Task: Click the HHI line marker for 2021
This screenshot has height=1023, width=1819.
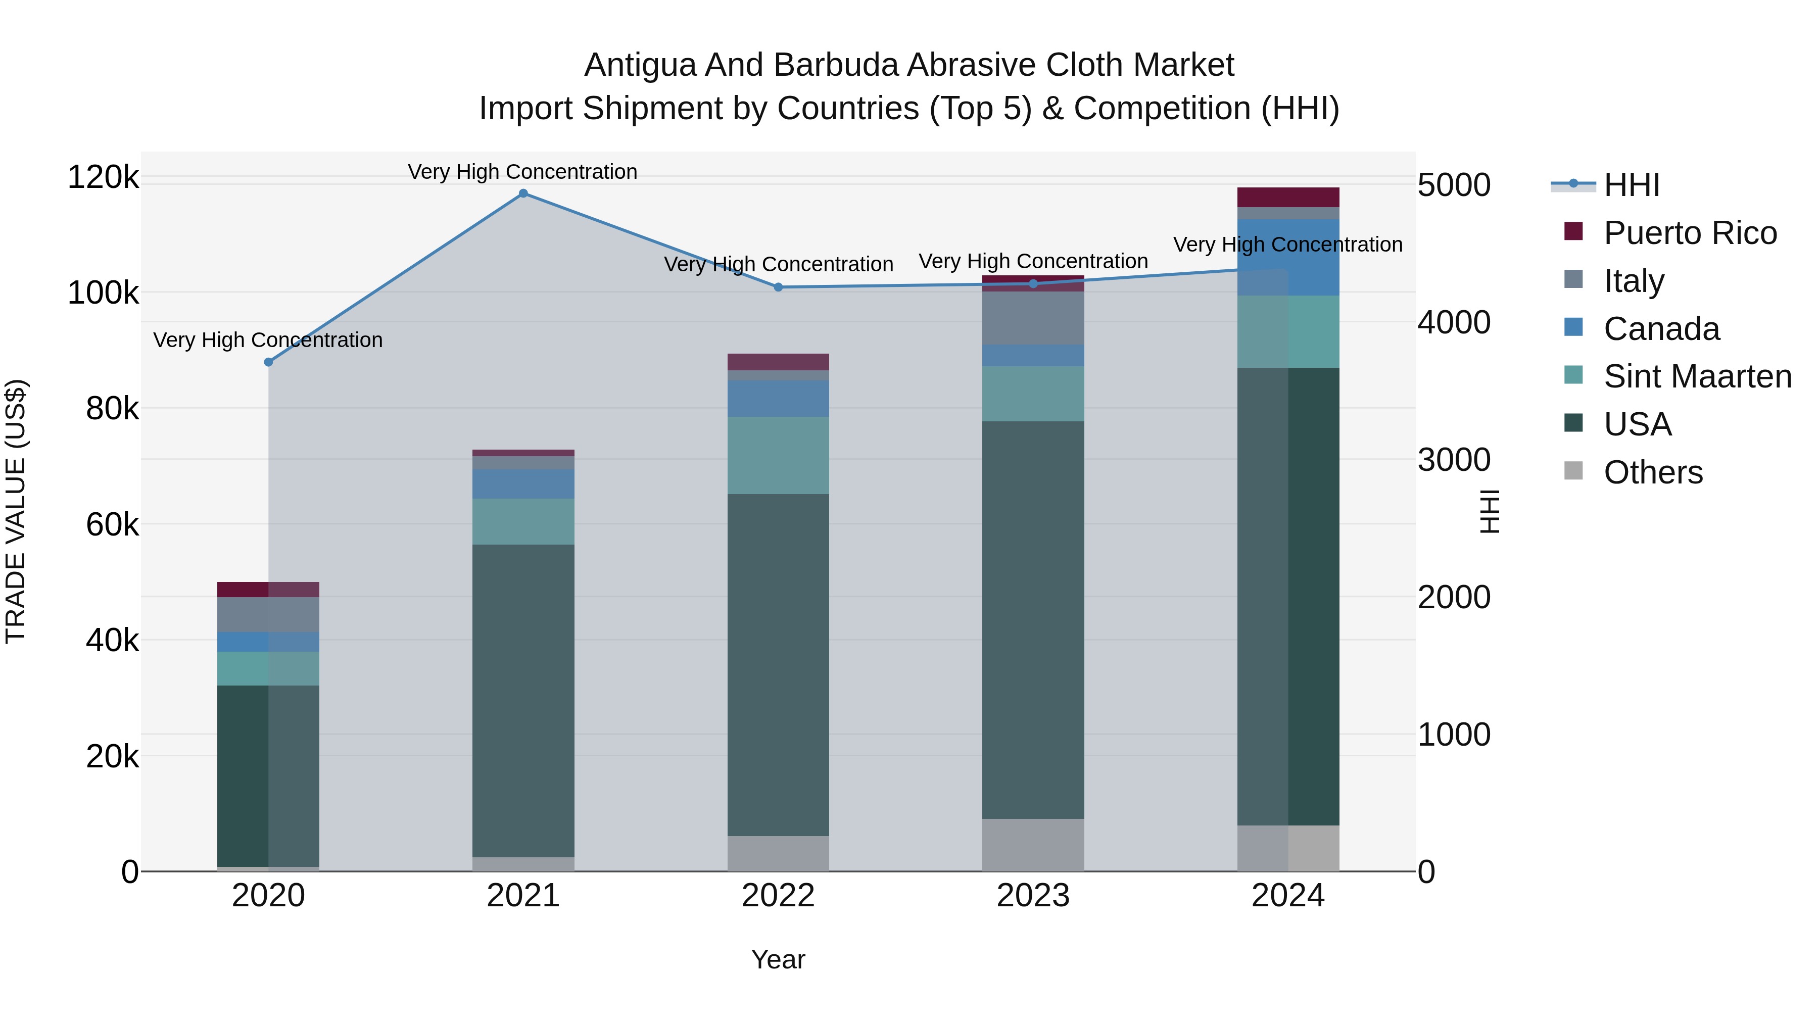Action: (523, 193)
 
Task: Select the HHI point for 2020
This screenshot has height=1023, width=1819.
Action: (268, 362)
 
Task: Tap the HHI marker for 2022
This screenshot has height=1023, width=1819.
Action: (778, 287)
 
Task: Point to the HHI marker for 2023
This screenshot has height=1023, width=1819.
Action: (1033, 284)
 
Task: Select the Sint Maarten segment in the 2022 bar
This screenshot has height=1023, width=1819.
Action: (778, 455)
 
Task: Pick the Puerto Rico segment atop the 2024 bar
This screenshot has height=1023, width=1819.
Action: (1288, 197)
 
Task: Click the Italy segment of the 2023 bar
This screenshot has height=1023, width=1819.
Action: (1033, 318)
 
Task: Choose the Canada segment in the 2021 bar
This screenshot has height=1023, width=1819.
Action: (523, 484)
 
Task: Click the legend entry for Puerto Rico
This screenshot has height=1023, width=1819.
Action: (1690, 233)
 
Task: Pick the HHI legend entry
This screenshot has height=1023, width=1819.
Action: (1631, 185)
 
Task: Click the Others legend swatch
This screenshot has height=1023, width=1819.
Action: (1573, 471)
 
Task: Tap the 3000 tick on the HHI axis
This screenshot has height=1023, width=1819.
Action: (1454, 460)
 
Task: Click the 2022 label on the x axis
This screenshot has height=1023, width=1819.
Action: (778, 896)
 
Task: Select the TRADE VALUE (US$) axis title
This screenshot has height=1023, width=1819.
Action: (16, 511)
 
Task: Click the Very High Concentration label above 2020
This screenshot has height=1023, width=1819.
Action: (268, 340)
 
